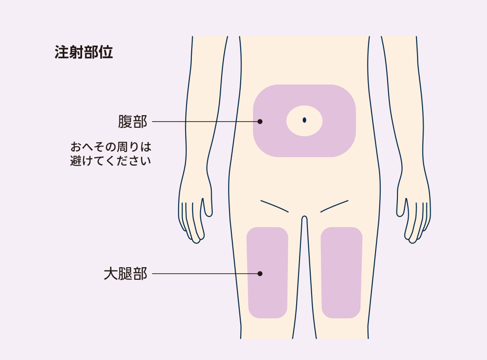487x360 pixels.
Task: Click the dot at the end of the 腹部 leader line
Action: click(260, 121)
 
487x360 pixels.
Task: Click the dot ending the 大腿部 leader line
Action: click(260, 274)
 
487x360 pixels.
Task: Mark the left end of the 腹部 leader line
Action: click(152, 121)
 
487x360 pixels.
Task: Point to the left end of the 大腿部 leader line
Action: click(152, 274)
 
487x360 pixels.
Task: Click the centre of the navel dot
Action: click(304, 120)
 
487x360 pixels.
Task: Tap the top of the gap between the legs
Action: click(304, 216)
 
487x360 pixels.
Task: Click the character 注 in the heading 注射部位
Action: click(62, 52)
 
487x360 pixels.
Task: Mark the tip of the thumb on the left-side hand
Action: click(202, 199)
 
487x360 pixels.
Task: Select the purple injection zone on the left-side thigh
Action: click(267, 273)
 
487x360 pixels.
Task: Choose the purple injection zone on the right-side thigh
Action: click(341, 273)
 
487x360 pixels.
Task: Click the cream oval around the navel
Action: click(304, 121)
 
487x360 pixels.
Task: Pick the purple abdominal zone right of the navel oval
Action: click(339, 121)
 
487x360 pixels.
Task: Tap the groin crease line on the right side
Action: click(334, 206)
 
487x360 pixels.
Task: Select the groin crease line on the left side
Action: click(275, 206)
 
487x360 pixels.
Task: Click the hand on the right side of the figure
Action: click(413, 215)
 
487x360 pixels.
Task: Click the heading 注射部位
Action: click(83, 52)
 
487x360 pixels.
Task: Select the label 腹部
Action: click(132, 121)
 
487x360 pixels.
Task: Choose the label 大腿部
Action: click(125, 274)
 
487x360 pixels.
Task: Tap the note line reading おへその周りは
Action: click(111, 146)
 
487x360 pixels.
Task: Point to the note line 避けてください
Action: click(111, 161)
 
